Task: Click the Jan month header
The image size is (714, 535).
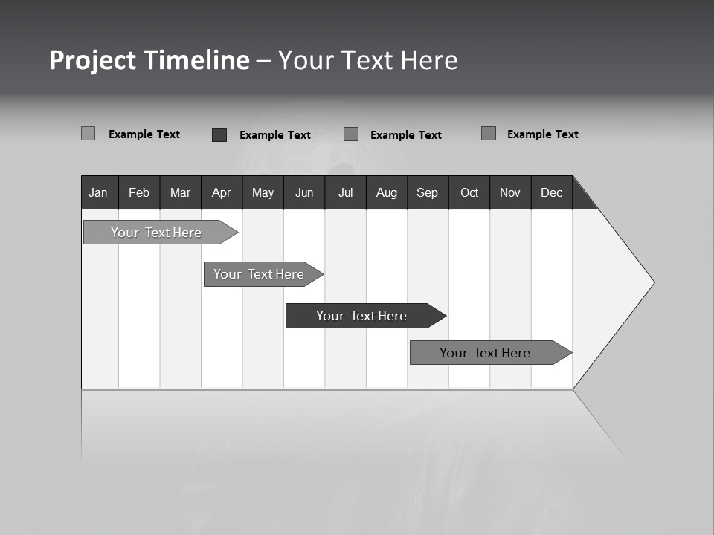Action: (x=99, y=192)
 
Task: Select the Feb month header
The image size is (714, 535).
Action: (x=139, y=192)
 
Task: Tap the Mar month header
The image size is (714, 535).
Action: (x=180, y=192)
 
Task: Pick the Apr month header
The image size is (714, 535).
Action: (x=222, y=192)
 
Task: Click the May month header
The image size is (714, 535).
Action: (x=263, y=192)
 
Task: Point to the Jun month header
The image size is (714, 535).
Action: (x=304, y=192)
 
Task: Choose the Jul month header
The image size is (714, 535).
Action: (x=345, y=192)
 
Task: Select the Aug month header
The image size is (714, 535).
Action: (x=387, y=192)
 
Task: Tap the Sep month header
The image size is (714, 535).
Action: (x=428, y=192)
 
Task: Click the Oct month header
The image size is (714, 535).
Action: (x=469, y=192)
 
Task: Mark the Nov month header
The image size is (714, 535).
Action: (x=510, y=192)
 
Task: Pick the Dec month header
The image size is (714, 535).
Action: (x=552, y=192)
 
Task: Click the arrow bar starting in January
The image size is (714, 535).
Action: (x=156, y=233)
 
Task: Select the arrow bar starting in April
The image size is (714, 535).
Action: (x=259, y=274)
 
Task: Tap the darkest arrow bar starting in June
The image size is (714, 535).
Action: (x=361, y=316)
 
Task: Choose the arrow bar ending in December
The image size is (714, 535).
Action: (x=486, y=353)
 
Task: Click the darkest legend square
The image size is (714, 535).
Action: (x=219, y=134)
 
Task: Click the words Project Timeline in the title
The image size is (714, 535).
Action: (x=149, y=60)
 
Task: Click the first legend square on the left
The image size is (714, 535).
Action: (x=89, y=134)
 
